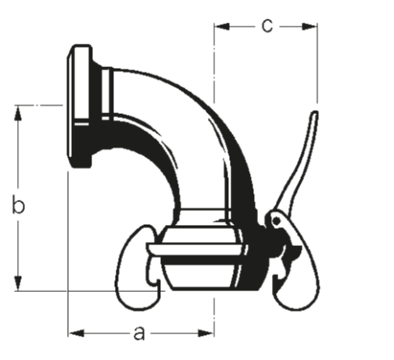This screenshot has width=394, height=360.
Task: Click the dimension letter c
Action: coord(267,25)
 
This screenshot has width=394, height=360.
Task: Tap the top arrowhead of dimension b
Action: coord(17,110)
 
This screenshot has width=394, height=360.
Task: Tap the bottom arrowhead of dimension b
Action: coord(17,285)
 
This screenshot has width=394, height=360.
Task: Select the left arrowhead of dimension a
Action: coord(74,331)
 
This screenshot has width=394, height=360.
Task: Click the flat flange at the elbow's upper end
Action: coord(80,105)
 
